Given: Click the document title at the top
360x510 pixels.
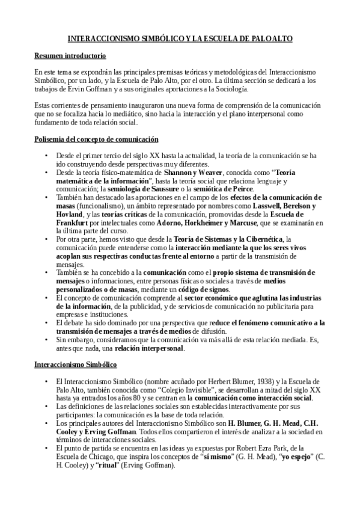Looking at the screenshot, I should [x=180, y=38].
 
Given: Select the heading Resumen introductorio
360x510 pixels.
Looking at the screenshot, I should [x=70, y=57].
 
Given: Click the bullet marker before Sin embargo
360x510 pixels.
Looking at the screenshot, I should [x=46, y=339].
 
